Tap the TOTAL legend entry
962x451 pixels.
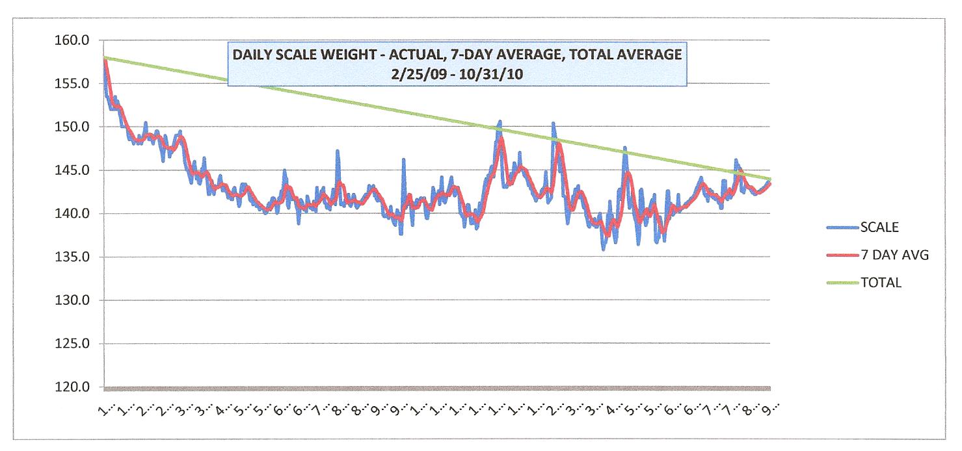(x=881, y=283)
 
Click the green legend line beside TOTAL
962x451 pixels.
(x=842, y=283)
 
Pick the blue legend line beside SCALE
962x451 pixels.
(x=842, y=227)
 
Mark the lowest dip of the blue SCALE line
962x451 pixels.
(x=604, y=249)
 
